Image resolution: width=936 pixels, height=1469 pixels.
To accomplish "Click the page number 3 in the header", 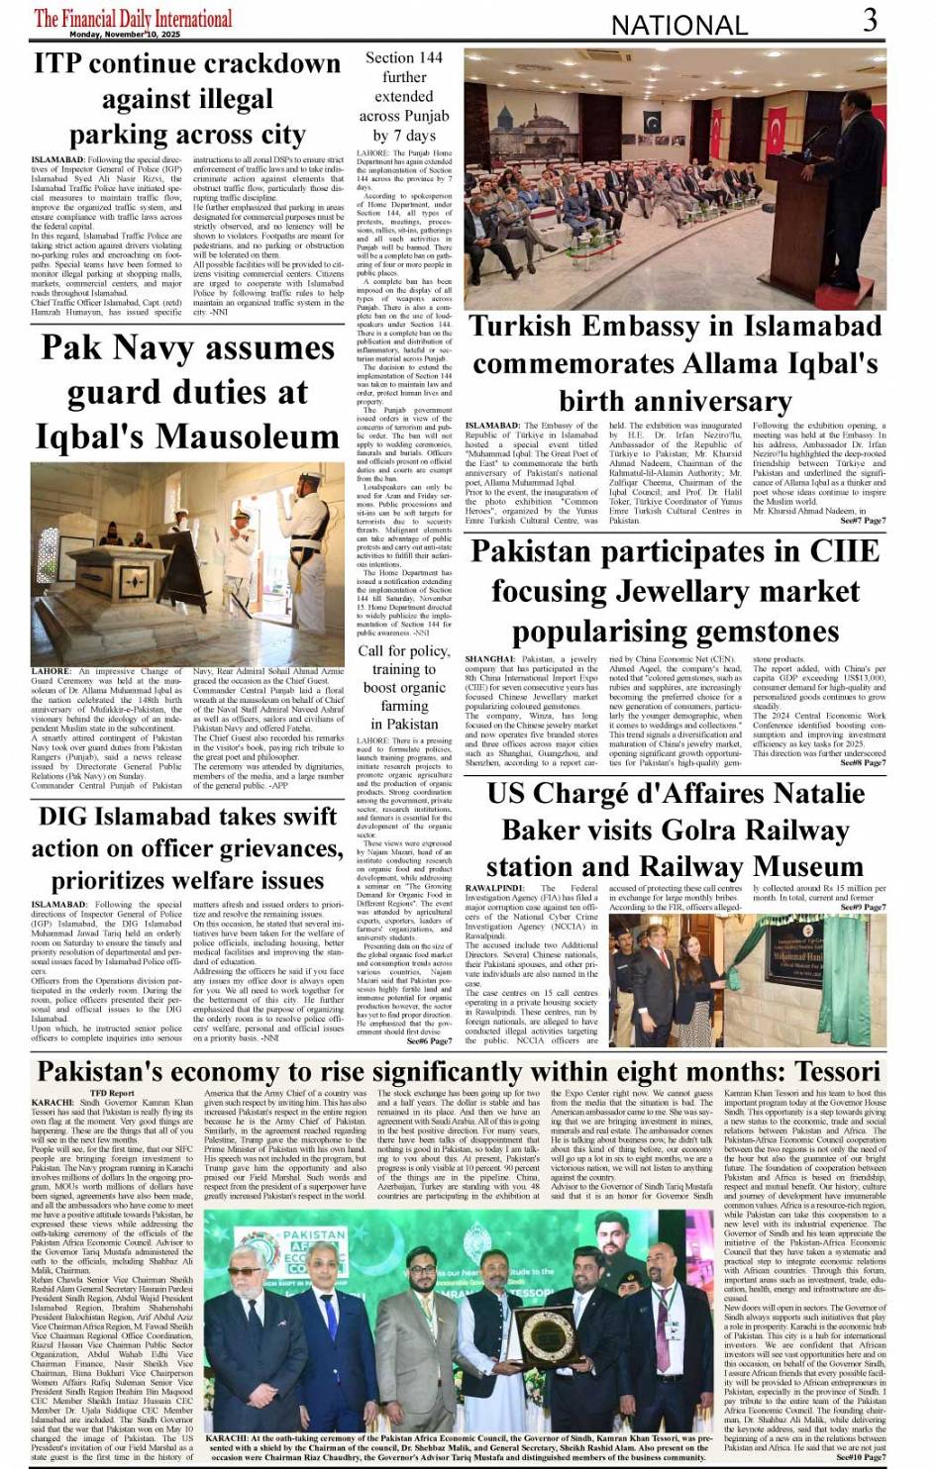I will [869, 20].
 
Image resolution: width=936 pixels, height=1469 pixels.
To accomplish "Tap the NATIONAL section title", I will [678, 25].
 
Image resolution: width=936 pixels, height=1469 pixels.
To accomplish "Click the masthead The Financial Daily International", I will [133, 18].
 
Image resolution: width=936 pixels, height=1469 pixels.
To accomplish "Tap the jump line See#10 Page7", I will [861, 1457].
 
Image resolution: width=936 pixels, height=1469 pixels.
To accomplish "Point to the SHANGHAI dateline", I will [490, 659].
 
